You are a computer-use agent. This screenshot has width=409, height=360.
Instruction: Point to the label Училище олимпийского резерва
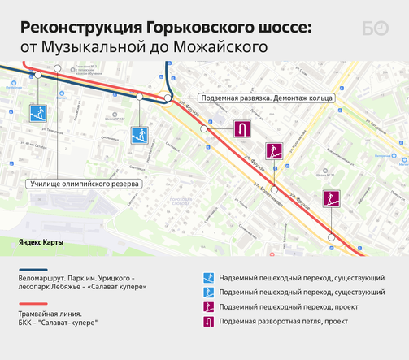85,184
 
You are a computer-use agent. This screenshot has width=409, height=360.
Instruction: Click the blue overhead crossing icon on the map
36,112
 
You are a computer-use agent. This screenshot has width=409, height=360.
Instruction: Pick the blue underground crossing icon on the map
139,134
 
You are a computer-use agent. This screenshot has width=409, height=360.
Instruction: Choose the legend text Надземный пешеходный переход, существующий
302,278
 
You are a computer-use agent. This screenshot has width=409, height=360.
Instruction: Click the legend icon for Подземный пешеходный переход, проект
208,307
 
